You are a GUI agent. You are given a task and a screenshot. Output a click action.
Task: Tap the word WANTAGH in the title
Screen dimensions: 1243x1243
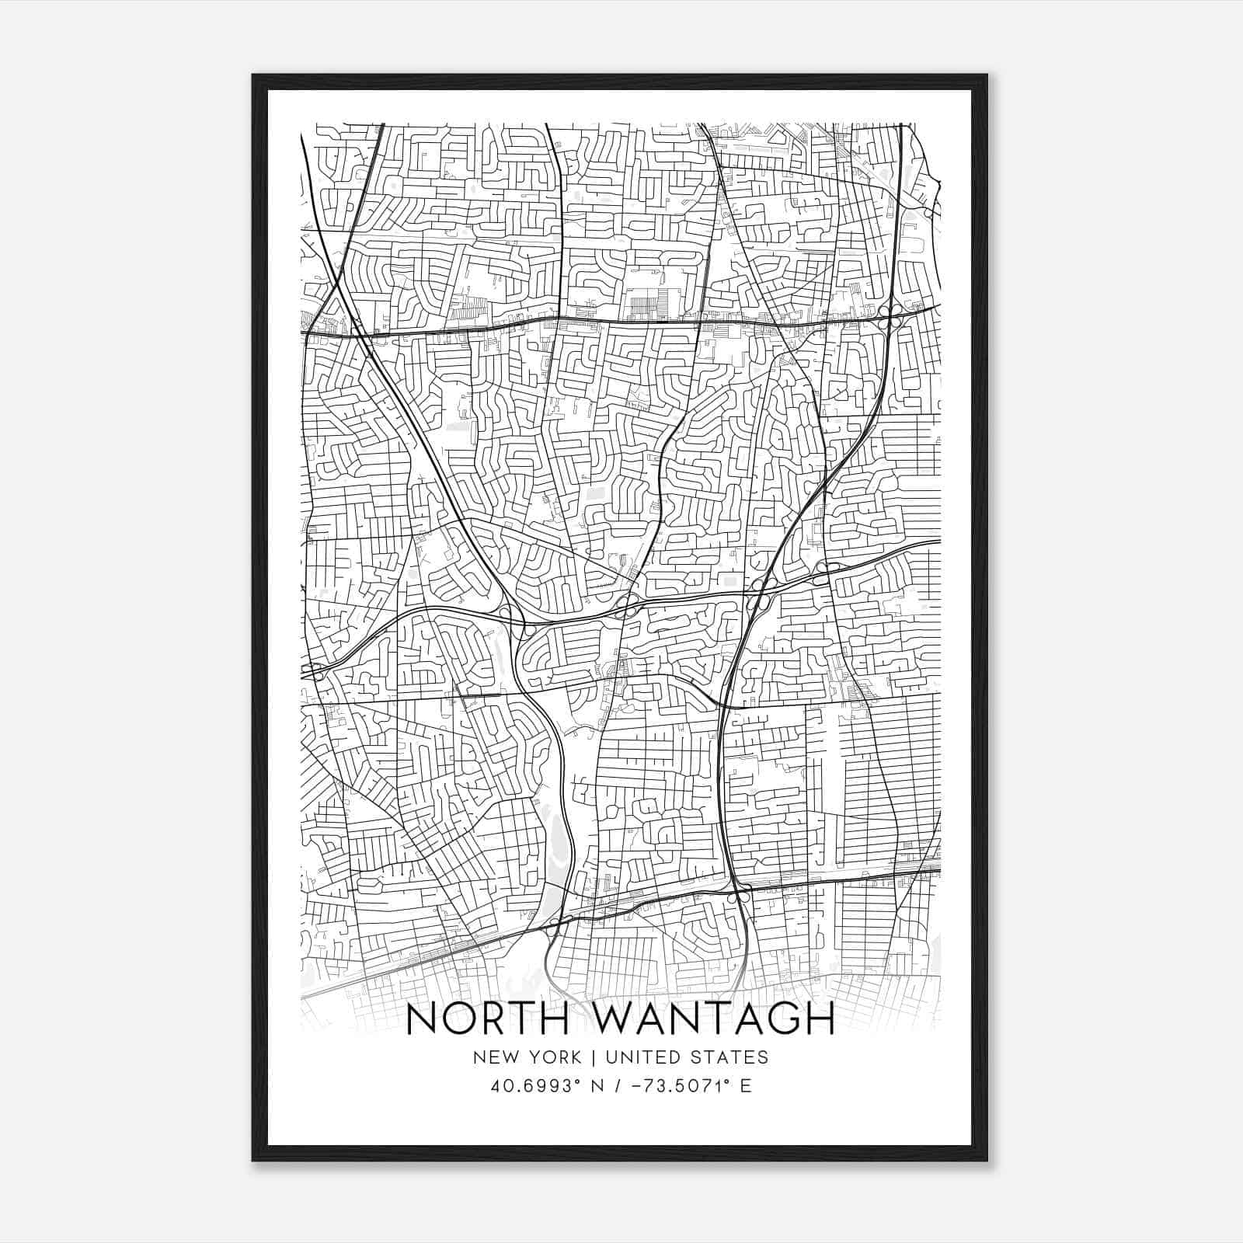pos(710,1019)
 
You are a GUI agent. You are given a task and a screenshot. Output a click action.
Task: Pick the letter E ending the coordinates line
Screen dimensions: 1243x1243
pos(746,1086)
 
